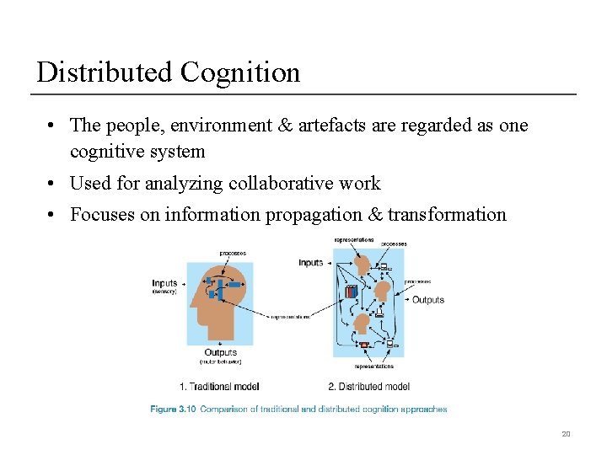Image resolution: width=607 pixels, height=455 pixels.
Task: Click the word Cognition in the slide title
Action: point(239,72)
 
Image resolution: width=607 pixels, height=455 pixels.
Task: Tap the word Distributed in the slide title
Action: point(105,72)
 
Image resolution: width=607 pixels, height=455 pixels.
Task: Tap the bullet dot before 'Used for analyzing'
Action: point(52,183)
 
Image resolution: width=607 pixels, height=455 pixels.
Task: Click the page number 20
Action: point(566,434)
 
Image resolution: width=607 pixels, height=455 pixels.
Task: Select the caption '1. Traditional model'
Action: point(219,387)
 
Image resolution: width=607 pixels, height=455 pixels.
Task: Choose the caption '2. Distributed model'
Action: point(368,387)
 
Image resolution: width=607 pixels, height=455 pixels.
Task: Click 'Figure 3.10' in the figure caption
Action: point(174,409)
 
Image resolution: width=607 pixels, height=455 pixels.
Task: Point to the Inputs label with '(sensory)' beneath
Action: point(165,283)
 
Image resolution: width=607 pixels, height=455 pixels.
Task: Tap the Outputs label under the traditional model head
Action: point(220,352)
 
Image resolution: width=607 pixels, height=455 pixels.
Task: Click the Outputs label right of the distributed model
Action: point(427,299)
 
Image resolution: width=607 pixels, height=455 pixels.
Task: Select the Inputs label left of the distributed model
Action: point(311,263)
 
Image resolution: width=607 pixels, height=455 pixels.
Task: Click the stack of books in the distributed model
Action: point(351,292)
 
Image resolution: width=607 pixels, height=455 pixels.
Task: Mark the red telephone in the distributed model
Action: point(364,345)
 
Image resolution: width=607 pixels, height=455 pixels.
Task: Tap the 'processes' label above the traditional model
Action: point(233,253)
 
